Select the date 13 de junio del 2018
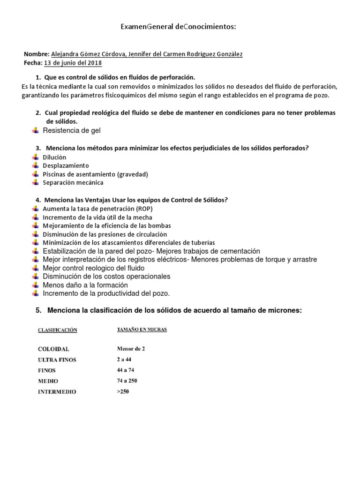(73, 63)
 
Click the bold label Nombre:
(36, 54)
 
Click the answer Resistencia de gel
(71, 130)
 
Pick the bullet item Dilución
(54, 157)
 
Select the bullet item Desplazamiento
(66, 166)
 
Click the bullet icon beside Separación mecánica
(36, 183)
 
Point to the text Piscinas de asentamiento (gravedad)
(95, 174)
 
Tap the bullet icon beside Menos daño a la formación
(36, 285)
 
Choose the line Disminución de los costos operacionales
(106, 277)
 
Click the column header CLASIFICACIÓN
(57, 330)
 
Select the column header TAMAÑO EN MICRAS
(142, 330)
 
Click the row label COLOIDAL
(53, 349)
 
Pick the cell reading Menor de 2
(134, 349)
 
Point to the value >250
(123, 391)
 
